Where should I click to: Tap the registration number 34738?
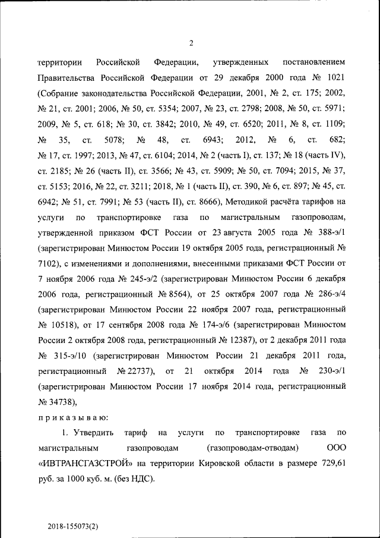tap(56, 402)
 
